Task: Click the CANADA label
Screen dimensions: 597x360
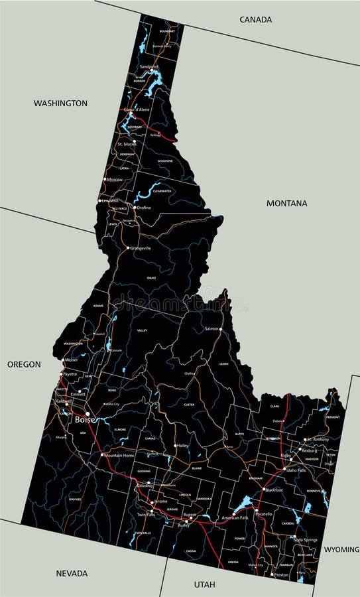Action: (x=255, y=19)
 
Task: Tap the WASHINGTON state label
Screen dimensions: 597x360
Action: (x=60, y=103)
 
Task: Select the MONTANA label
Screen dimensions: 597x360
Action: (x=286, y=203)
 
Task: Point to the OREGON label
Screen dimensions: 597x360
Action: (x=24, y=364)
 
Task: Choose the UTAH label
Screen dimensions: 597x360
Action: (x=204, y=584)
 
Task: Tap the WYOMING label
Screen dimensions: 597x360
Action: (x=341, y=549)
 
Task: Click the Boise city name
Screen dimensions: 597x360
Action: (x=84, y=420)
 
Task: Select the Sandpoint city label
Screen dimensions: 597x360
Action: (x=149, y=67)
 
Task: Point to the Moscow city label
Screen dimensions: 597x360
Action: (x=115, y=180)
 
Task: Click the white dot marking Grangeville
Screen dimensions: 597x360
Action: (x=128, y=248)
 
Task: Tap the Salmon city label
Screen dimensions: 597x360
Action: (x=211, y=328)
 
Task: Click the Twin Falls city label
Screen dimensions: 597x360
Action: (x=146, y=515)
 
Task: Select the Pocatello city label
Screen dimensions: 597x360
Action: (x=264, y=514)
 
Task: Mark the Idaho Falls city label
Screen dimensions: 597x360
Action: (x=295, y=470)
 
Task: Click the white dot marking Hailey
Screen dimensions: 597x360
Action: (x=175, y=446)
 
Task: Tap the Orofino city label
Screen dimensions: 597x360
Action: (x=143, y=208)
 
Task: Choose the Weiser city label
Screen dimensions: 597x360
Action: (x=71, y=360)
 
